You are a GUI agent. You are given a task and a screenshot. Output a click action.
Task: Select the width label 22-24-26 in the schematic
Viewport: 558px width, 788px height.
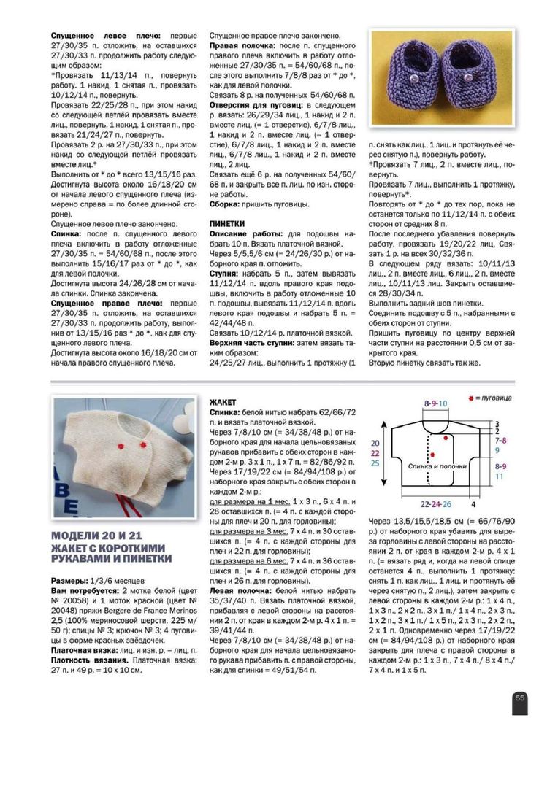437,504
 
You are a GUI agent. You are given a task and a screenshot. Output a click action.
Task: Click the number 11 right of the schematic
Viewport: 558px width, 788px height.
499,475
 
